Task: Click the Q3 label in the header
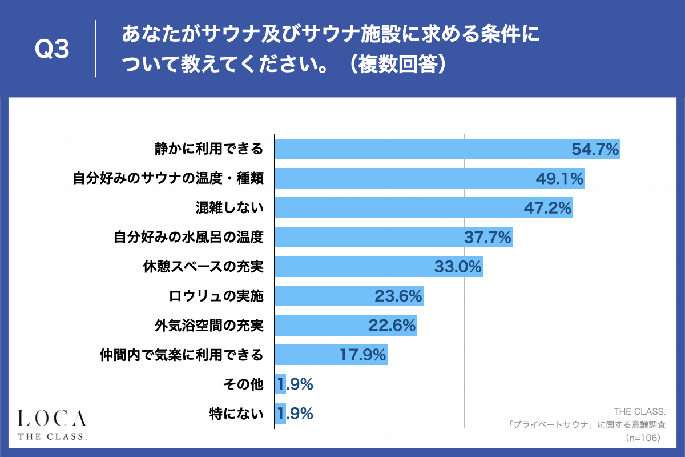click(52, 50)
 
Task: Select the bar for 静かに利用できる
click(422, 150)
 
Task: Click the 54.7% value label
click(595, 150)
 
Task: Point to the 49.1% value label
click(559, 179)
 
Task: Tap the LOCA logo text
click(52, 418)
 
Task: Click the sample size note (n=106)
click(643, 438)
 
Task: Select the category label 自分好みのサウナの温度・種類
click(168, 179)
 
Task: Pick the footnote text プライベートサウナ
click(548, 426)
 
